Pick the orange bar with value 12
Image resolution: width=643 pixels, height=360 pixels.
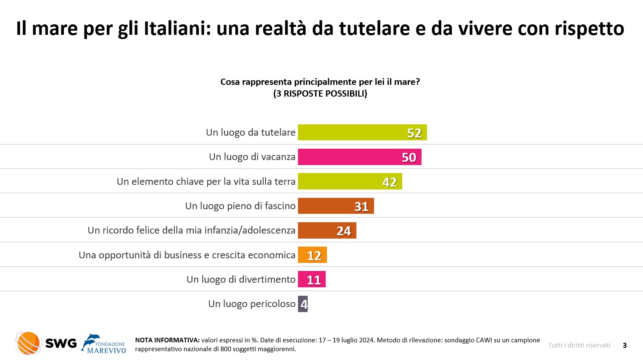(312, 255)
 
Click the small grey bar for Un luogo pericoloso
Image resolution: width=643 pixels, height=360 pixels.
(303, 304)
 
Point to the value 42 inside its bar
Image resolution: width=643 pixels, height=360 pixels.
(390, 182)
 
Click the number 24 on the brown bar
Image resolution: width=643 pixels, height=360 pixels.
(344, 231)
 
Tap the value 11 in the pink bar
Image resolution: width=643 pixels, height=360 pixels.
(314, 280)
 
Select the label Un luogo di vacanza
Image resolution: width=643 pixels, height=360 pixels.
(252, 157)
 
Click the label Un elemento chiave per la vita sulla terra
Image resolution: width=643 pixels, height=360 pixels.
(206, 181)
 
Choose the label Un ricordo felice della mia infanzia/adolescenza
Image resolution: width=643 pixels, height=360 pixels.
(191, 230)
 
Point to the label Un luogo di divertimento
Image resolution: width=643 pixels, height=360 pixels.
(241, 279)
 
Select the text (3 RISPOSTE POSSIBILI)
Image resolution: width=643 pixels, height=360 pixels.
(320, 94)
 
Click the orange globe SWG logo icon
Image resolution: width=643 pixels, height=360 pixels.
(28, 343)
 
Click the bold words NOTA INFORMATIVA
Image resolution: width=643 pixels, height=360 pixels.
(167, 340)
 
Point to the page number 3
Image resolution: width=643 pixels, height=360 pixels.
(625, 345)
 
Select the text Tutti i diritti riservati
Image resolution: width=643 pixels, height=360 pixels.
(579, 345)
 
